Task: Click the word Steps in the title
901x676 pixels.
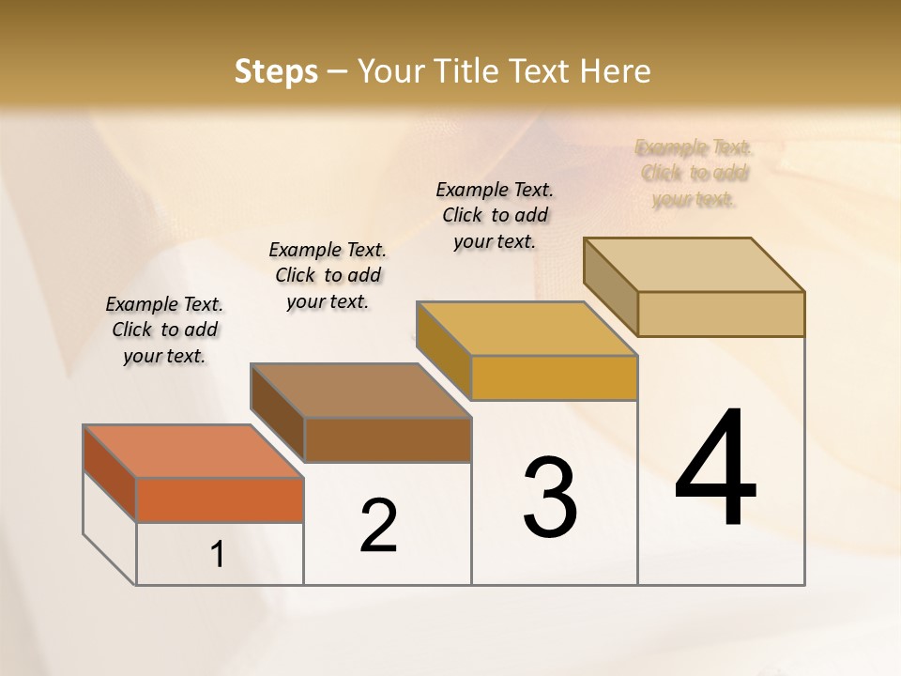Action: pos(276,71)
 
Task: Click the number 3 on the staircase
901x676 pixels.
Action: pos(550,498)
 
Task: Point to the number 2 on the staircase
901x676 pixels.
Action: pos(379,526)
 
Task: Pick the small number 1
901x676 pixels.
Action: pos(218,555)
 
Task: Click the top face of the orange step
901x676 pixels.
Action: pos(192,452)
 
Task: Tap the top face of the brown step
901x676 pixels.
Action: pos(360,391)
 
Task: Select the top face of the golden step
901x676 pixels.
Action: pos(527,329)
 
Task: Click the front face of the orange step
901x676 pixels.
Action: pos(220,499)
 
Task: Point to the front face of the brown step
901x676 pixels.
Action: pos(388,439)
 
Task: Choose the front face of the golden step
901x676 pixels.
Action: pos(554,377)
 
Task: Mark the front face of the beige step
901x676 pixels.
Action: pos(721,314)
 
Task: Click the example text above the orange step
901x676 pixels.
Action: pos(164,330)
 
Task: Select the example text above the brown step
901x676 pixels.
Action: pos(328,275)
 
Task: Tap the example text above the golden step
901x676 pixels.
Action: pos(495,215)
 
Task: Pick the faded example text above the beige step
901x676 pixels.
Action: pos(695,173)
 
